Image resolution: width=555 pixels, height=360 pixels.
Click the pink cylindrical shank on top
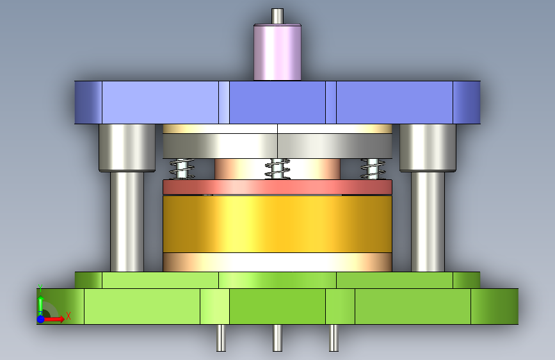[x=278, y=53]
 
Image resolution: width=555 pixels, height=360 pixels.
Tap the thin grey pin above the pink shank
[x=278, y=16]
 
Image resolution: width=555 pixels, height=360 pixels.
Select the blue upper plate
[x=278, y=102]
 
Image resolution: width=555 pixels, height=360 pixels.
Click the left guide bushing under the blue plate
[x=127, y=148]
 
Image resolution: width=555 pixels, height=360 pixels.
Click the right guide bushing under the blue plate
[x=428, y=148]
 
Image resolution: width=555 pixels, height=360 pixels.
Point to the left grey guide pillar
[x=127, y=222]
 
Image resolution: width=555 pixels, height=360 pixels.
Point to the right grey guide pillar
[x=428, y=222]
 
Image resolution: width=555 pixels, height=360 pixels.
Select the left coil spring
[x=182, y=169]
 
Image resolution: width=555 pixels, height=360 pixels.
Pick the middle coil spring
[x=278, y=169]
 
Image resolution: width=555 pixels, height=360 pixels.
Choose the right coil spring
[x=373, y=169]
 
